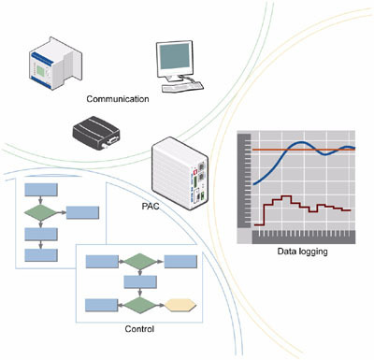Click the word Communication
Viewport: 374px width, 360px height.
(x=118, y=99)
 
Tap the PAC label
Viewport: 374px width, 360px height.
(x=151, y=207)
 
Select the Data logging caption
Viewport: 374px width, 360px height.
(x=302, y=252)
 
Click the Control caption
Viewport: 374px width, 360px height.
(x=139, y=329)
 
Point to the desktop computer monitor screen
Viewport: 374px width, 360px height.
(x=175, y=56)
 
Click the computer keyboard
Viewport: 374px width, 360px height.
(x=182, y=87)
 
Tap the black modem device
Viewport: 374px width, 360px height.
(x=96, y=132)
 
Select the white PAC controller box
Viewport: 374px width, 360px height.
(x=180, y=173)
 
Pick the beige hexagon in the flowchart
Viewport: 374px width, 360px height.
(x=180, y=306)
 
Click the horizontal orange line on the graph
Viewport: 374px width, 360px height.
(x=304, y=150)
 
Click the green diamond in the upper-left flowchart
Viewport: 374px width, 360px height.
(x=41, y=212)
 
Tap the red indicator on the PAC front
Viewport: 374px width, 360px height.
(x=196, y=171)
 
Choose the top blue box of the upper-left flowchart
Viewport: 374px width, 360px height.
(x=41, y=190)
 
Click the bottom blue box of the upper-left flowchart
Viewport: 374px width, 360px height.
(x=41, y=255)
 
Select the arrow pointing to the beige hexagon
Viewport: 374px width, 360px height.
(x=160, y=306)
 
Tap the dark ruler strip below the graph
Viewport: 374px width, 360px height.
(x=304, y=237)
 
